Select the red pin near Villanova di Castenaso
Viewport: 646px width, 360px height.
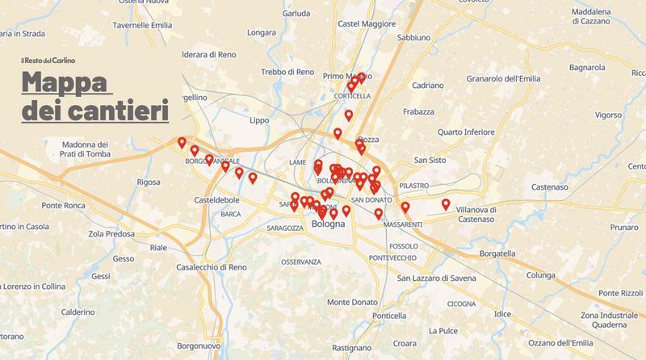(446, 204)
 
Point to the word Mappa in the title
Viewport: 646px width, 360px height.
(66, 83)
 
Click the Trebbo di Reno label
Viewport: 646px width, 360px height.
(287, 73)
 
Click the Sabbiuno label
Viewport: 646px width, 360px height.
(414, 37)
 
